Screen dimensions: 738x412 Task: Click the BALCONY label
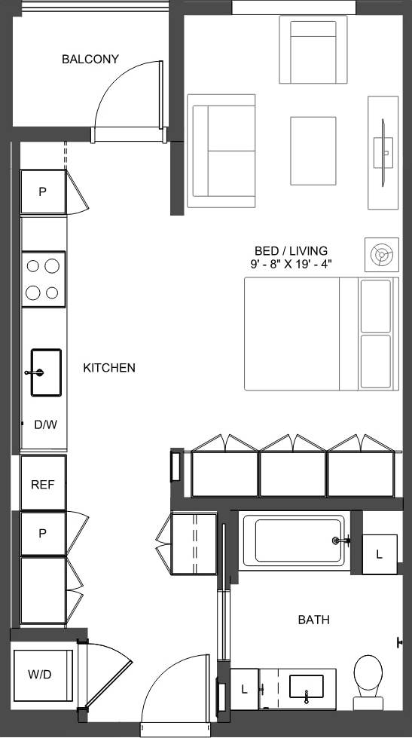90,59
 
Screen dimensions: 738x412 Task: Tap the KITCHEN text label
109,368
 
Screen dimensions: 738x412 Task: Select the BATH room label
313,620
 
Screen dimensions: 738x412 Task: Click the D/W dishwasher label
45,424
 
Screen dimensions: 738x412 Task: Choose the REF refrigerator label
43,485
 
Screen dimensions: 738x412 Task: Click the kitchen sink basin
46,372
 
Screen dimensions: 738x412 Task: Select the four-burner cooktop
43,279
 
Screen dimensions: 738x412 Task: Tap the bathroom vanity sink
307,686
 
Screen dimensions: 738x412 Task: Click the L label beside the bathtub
379,554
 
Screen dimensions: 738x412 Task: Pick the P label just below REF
42,533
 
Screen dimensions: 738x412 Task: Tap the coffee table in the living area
313,150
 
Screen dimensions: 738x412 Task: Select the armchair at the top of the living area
313,50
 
